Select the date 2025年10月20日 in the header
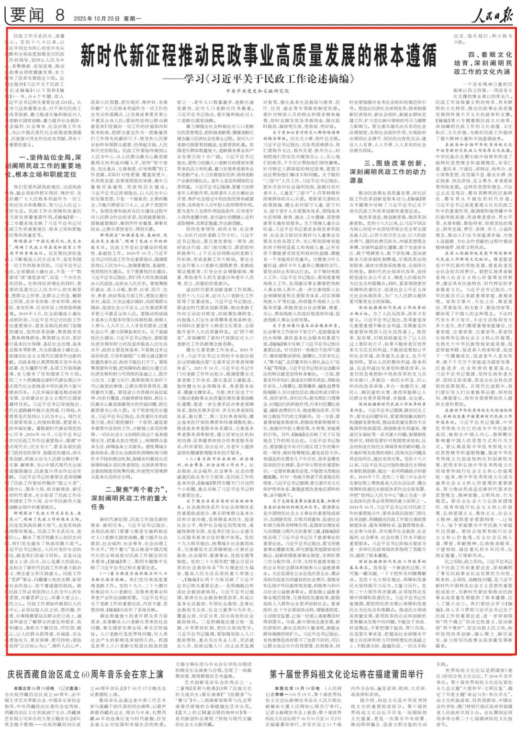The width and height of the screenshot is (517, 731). [x=96, y=19]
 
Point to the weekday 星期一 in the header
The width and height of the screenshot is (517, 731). [x=133, y=19]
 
